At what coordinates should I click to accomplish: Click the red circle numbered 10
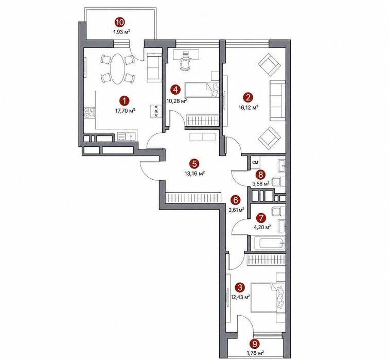tap(120, 23)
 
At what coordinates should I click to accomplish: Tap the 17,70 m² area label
tap(125, 111)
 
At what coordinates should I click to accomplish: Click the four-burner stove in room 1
tap(90, 112)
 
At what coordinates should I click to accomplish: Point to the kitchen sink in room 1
tap(126, 136)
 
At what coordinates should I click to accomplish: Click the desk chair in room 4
tap(185, 65)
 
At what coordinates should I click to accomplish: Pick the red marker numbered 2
tap(249, 97)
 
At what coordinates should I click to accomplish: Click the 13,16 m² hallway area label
tap(194, 174)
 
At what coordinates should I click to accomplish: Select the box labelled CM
tap(255, 162)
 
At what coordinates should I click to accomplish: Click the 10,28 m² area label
tap(176, 101)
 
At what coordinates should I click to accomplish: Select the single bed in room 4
tap(202, 90)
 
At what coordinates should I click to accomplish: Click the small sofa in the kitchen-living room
tap(154, 67)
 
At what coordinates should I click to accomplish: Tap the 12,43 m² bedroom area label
tap(240, 297)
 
